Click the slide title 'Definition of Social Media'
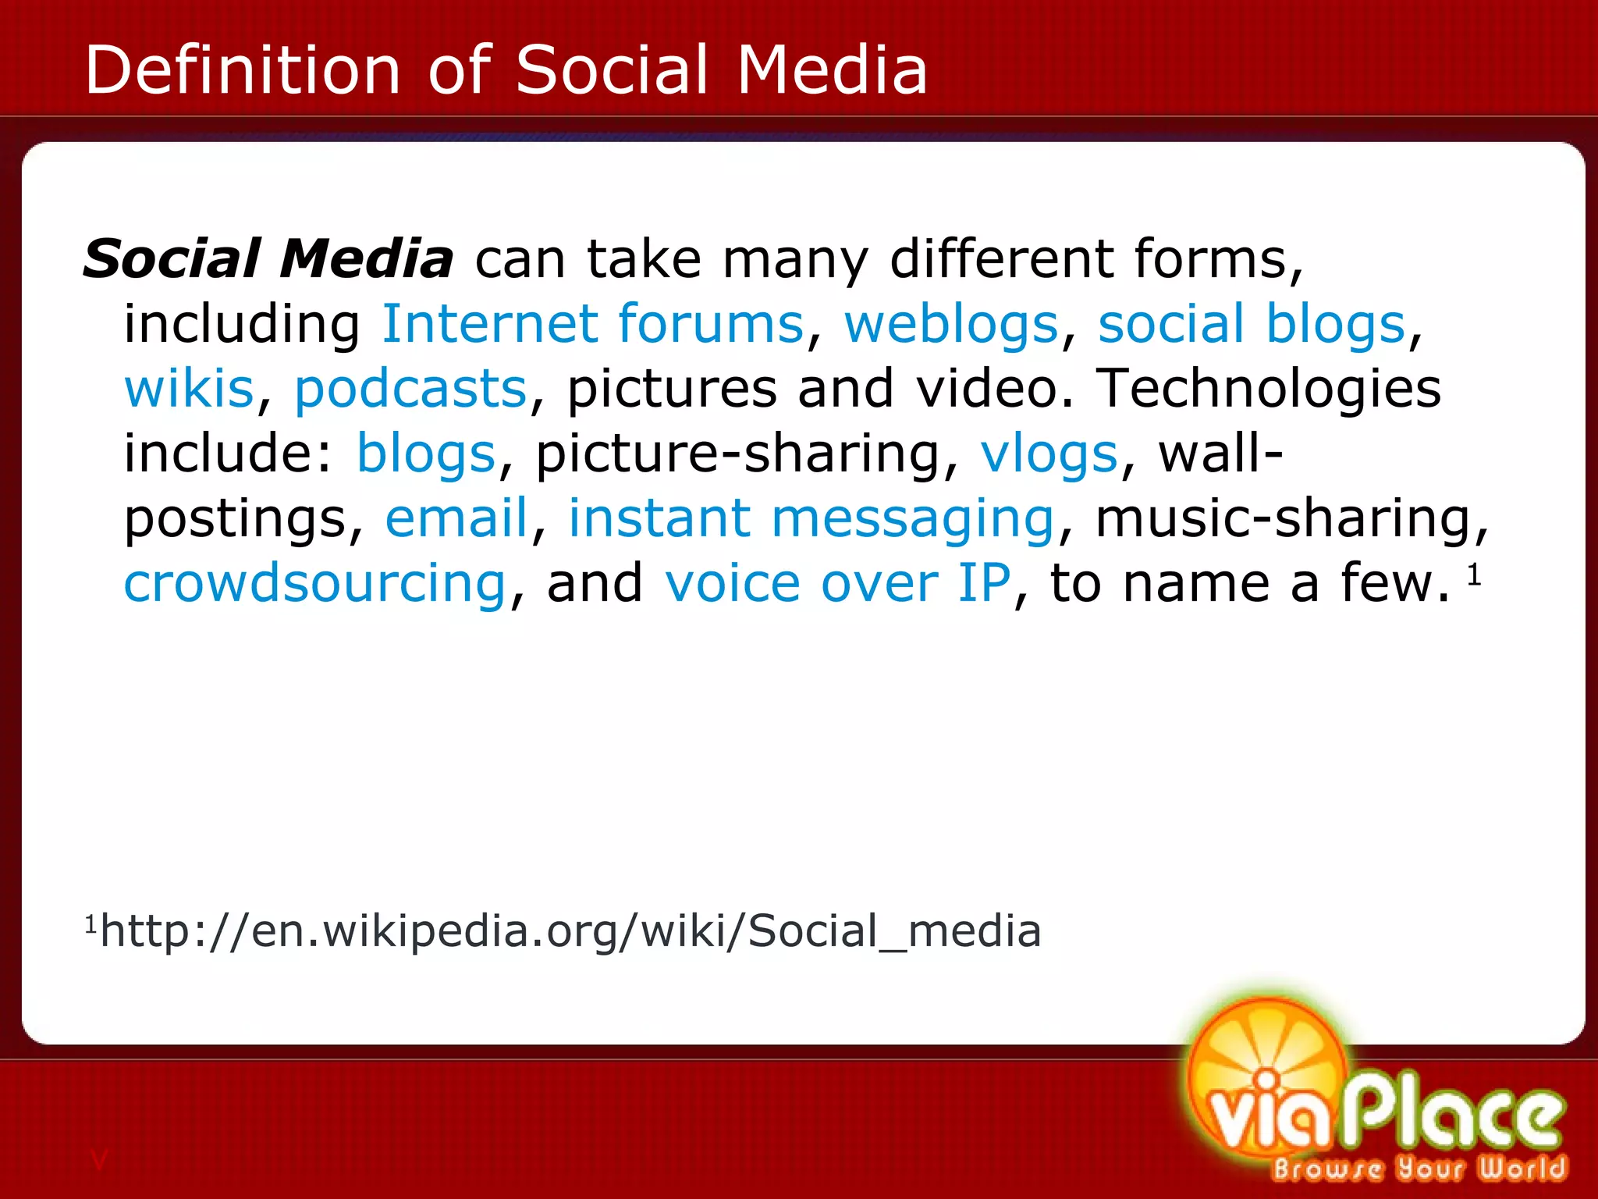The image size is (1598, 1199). [x=506, y=69]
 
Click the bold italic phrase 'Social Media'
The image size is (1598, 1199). [x=268, y=259]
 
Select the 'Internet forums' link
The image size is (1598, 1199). [x=592, y=324]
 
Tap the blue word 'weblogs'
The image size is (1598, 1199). [x=951, y=324]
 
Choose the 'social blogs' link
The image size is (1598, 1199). [x=1252, y=324]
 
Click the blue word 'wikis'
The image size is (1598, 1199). [x=190, y=388]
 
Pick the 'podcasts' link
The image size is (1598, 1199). [x=410, y=388]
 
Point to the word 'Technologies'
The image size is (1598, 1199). [x=1269, y=388]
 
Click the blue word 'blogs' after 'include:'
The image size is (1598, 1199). [x=426, y=454]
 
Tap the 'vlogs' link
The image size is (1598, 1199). [x=1049, y=454]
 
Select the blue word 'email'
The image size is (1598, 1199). [x=456, y=518]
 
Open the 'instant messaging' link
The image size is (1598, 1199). [x=811, y=518]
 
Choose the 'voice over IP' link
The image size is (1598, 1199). [x=838, y=583]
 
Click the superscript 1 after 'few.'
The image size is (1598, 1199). [x=1474, y=575]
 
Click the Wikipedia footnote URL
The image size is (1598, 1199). [x=570, y=930]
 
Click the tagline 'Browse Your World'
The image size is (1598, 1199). [x=1419, y=1168]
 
